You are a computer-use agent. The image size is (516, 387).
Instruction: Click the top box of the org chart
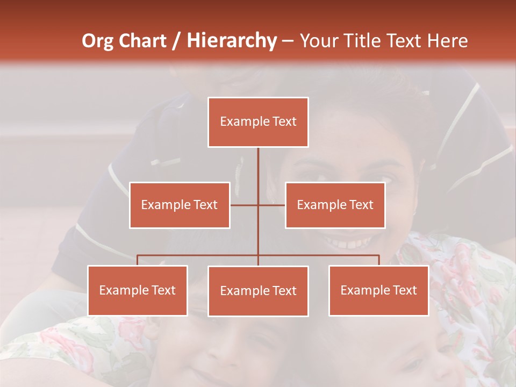258,122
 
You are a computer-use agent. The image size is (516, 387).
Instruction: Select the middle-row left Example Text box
180,205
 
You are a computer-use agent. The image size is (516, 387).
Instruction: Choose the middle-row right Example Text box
335,205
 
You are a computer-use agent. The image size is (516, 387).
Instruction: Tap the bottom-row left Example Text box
138,290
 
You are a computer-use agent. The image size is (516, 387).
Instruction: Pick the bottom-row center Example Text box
258,291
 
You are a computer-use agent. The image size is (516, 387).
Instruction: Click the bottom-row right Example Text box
378,290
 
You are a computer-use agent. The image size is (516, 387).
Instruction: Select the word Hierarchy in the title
232,41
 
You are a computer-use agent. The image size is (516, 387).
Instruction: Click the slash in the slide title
176,41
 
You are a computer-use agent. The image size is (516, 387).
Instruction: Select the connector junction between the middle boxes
258,205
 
